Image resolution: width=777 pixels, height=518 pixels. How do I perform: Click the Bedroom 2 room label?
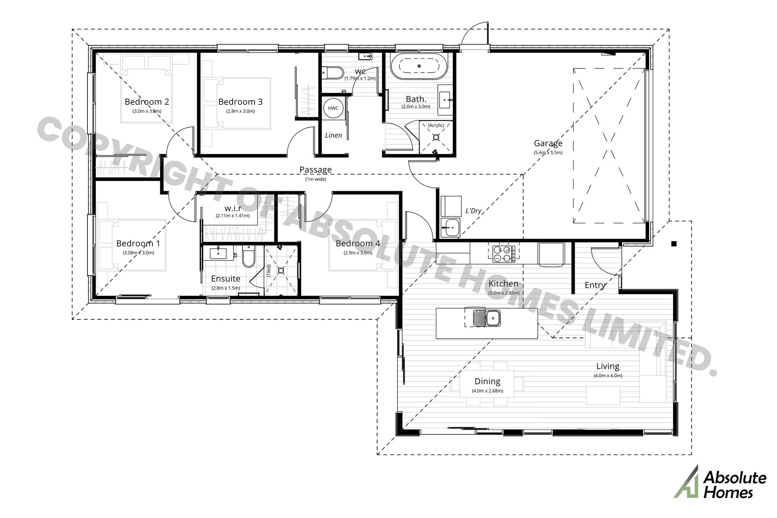tap(146, 102)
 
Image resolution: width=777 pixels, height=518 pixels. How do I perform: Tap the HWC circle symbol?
tap(333, 108)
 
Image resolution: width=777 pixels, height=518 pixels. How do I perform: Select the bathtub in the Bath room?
tap(419, 66)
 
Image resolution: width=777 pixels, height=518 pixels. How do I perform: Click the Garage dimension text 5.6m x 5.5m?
tap(548, 153)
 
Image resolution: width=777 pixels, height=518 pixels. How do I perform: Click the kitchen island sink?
tap(493, 318)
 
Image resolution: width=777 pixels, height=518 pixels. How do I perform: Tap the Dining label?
tap(487, 381)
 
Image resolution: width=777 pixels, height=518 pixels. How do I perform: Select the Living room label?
tap(607, 366)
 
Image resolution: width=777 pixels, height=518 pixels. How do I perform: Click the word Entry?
tap(595, 285)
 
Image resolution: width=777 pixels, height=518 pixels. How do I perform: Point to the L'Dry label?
tap(473, 210)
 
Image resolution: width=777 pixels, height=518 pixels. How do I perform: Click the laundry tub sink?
tap(450, 228)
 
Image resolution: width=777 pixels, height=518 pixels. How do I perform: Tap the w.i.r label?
tap(233, 208)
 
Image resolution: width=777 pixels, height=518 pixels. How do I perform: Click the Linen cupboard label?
tap(333, 135)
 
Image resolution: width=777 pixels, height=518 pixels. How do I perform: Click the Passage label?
tap(315, 170)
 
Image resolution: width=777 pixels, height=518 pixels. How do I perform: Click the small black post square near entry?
tap(674, 244)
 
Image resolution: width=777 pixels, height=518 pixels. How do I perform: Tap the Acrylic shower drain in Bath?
tap(436, 137)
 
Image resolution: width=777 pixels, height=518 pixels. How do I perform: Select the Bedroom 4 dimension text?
tap(358, 253)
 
